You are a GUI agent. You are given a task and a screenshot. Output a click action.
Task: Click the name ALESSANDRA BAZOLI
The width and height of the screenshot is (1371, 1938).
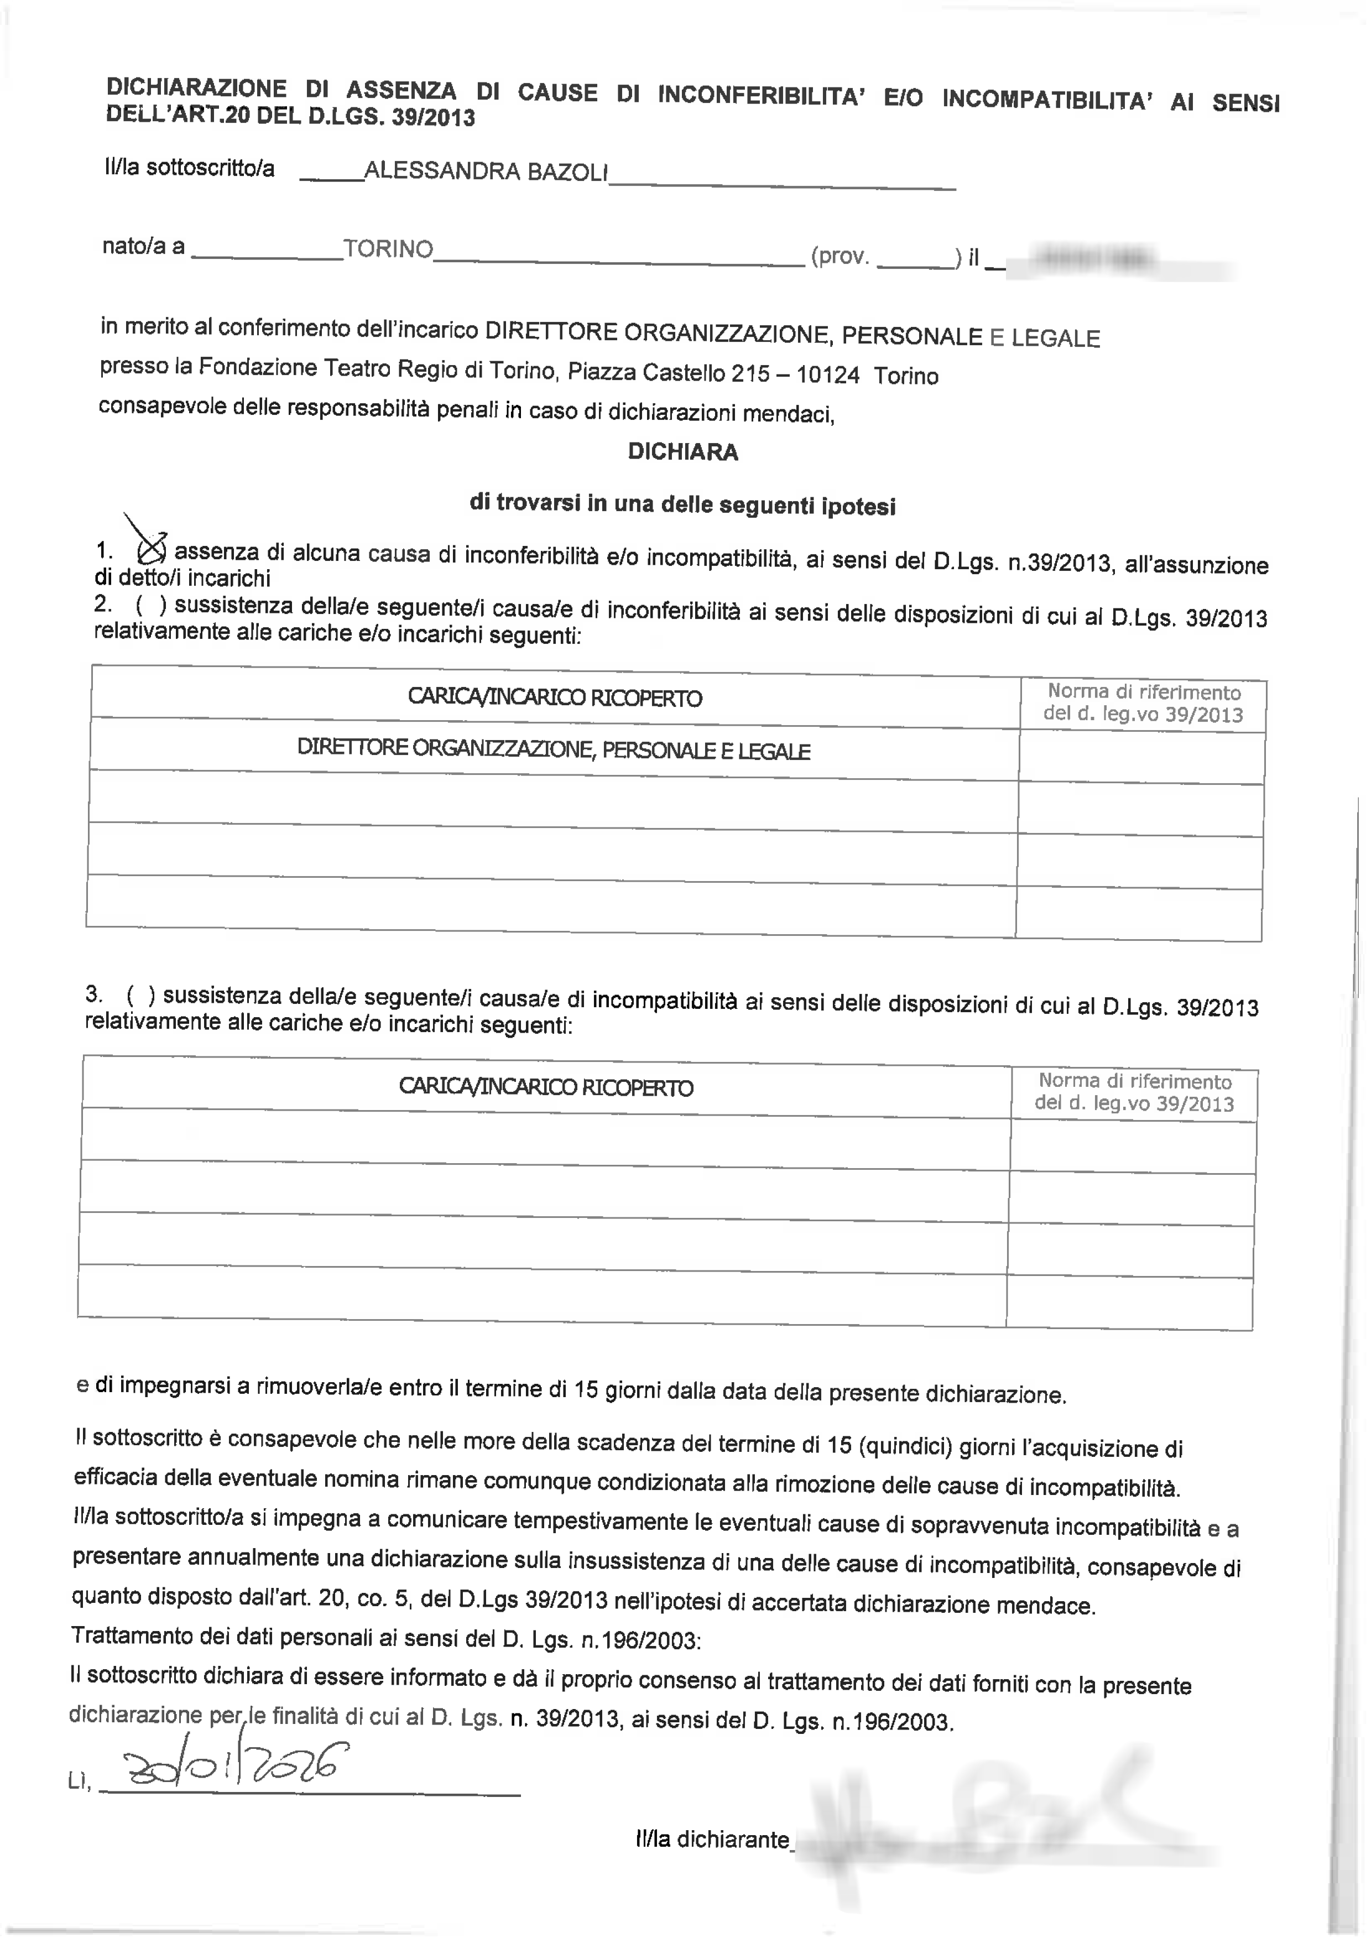(486, 171)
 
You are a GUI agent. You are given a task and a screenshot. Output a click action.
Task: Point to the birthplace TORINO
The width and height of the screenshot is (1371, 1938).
(388, 250)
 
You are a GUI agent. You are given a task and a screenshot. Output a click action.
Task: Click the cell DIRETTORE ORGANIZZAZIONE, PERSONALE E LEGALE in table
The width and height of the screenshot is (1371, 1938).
(554, 749)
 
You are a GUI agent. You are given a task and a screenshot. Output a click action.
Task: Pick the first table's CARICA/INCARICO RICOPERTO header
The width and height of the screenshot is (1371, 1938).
(555, 698)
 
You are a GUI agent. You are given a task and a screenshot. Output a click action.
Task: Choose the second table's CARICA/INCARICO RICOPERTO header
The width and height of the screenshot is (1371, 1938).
(546, 1087)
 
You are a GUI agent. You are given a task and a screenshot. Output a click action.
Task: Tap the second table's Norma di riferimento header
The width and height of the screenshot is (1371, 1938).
(1135, 1093)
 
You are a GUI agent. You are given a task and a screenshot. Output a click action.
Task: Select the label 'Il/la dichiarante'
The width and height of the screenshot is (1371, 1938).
(712, 1839)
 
